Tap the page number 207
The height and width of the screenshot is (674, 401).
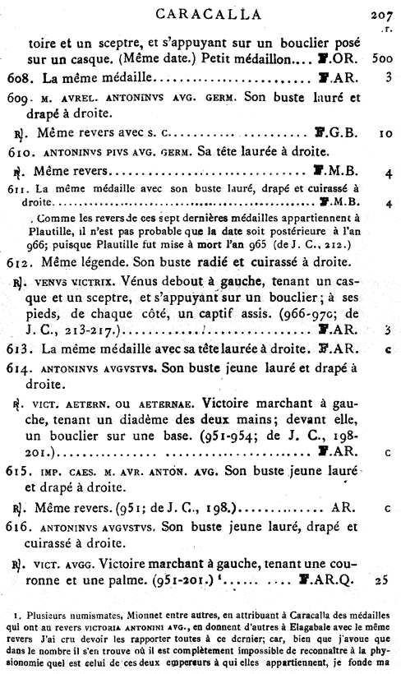click(x=382, y=13)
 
